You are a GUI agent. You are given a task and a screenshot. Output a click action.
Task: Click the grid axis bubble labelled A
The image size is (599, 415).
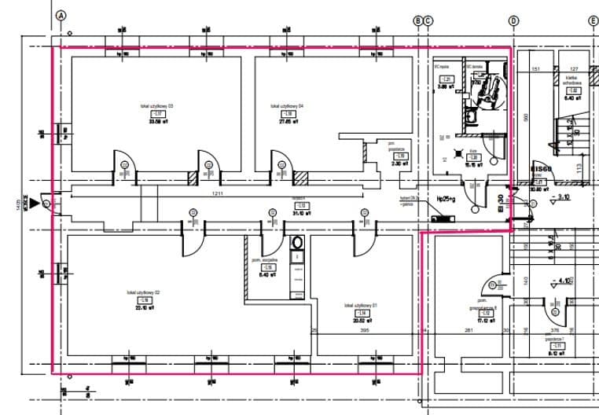click(63, 16)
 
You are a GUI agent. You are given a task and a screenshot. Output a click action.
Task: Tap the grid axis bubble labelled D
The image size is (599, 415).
click(514, 21)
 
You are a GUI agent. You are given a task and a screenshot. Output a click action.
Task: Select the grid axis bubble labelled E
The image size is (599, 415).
click(593, 21)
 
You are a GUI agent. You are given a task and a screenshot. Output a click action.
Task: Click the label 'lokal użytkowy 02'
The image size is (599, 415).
click(144, 292)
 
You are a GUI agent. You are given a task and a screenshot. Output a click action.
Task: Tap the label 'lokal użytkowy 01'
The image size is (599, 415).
click(361, 305)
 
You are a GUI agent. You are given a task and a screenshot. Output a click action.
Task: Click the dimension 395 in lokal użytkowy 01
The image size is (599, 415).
click(364, 331)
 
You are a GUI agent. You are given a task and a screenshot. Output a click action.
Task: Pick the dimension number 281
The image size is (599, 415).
click(469, 331)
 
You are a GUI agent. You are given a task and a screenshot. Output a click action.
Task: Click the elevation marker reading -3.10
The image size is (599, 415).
click(560, 198)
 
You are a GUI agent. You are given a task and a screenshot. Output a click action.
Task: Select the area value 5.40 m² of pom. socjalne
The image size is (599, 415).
click(269, 275)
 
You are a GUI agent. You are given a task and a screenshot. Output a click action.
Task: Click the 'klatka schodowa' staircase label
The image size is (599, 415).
click(571, 81)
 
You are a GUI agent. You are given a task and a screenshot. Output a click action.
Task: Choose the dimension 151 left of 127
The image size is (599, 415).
click(536, 69)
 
